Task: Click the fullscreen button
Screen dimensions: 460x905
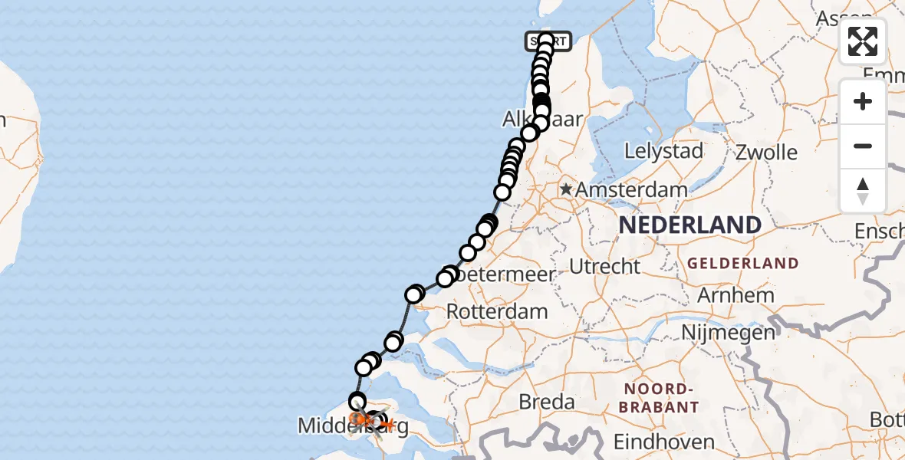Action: (863, 41)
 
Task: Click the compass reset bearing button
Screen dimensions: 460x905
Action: (863, 190)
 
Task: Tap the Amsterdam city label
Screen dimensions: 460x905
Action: (632, 189)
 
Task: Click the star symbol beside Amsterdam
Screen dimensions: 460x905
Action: (566, 189)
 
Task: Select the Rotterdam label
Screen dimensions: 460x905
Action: (496, 312)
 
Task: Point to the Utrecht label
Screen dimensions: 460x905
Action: (604, 267)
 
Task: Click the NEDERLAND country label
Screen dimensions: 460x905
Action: (689, 225)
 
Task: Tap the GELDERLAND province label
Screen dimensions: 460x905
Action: (742, 263)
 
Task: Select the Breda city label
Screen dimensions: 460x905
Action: (547, 402)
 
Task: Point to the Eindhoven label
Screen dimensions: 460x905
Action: (664, 442)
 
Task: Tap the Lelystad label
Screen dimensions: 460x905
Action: (663, 151)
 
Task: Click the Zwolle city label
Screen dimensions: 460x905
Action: (765, 151)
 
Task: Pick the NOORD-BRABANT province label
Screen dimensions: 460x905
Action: (662, 398)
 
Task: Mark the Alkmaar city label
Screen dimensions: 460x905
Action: (543, 120)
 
